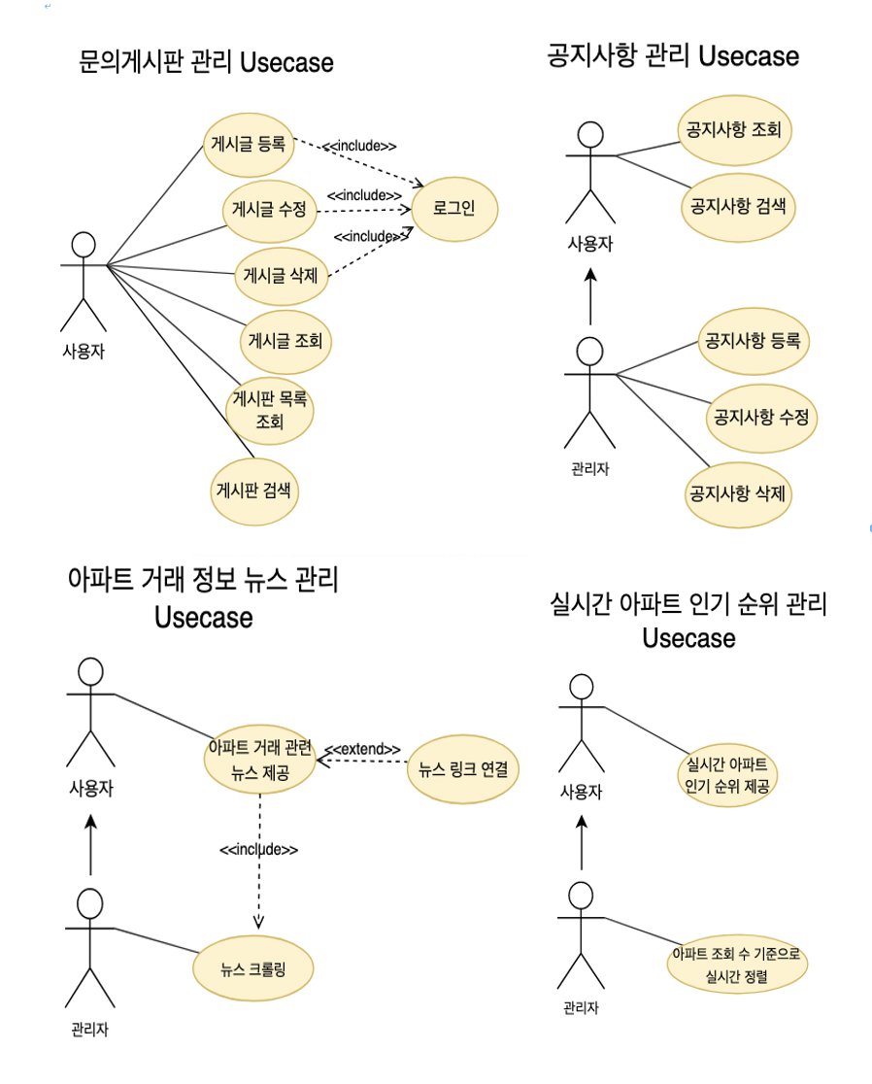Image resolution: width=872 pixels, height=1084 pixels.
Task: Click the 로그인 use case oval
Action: [x=453, y=209]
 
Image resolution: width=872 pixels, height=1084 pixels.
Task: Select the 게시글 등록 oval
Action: [x=248, y=145]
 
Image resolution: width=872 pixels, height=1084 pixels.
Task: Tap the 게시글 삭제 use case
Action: [x=280, y=274]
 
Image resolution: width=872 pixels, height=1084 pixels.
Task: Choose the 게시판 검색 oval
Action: [x=253, y=489]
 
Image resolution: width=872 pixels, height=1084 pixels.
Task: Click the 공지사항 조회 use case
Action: [x=733, y=129]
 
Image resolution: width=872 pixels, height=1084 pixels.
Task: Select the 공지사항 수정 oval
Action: [x=760, y=418]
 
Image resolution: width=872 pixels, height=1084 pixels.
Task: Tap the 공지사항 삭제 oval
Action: [x=738, y=492]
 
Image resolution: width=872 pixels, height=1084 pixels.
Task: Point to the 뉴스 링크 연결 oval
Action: [x=462, y=770]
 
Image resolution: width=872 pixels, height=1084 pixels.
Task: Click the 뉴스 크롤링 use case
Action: [x=253, y=967]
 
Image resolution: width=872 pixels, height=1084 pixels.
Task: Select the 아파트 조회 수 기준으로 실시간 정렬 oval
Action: [x=737, y=965]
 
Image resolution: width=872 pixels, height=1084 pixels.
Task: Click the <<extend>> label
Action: [x=362, y=749]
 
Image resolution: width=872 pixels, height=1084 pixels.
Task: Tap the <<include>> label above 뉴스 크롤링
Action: [x=258, y=849]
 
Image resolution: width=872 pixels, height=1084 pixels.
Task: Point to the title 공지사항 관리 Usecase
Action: [x=673, y=55]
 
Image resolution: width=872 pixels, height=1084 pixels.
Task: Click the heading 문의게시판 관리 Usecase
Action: [x=206, y=63]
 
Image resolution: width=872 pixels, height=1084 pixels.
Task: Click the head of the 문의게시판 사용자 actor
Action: [x=84, y=244]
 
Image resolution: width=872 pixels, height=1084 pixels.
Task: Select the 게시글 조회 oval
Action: [x=285, y=340]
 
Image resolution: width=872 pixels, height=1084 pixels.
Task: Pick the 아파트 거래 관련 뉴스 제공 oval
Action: [x=260, y=760]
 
